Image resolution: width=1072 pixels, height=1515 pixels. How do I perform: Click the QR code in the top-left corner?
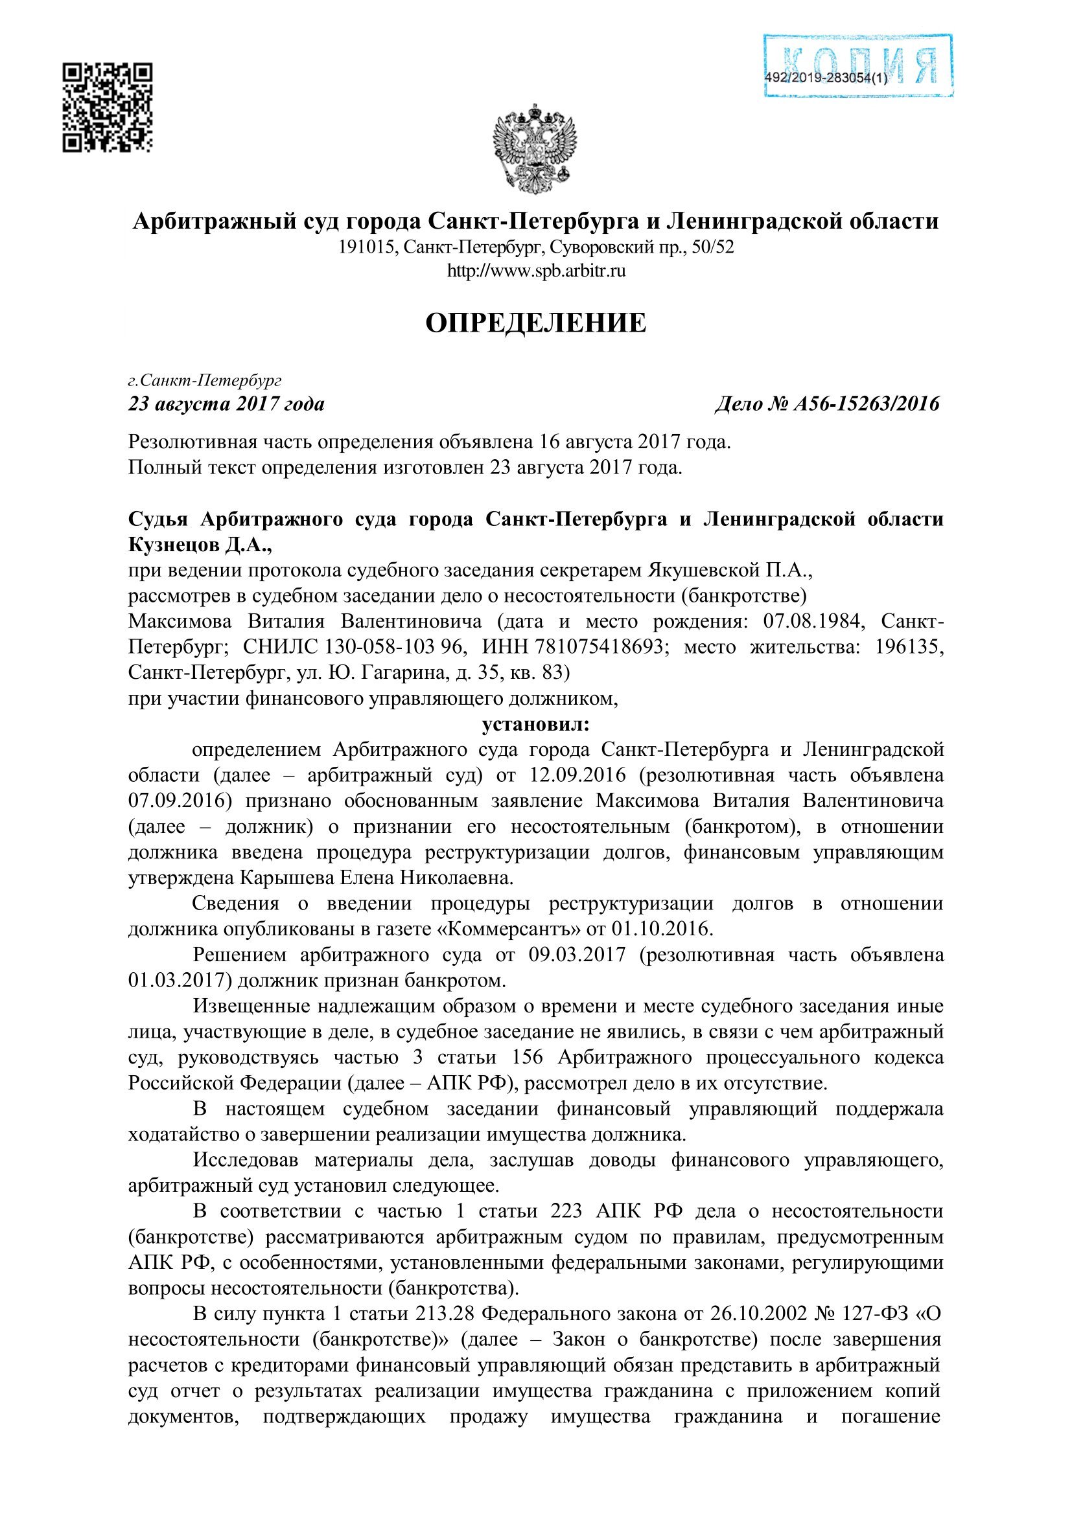click(x=108, y=108)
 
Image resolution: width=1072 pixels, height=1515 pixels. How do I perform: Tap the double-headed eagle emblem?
click(x=535, y=149)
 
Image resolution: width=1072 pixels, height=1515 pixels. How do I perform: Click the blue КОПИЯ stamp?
click(x=857, y=66)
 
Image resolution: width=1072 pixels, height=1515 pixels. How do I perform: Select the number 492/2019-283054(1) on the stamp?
click(x=826, y=78)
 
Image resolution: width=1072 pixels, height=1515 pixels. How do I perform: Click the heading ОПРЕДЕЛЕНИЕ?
click(x=535, y=323)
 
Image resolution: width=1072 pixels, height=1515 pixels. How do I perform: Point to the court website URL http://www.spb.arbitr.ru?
click(x=536, y=271)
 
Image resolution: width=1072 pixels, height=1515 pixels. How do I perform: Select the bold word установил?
click(x=535, y=725)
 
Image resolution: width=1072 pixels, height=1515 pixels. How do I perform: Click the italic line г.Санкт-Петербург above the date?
click(x=205, y=381)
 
